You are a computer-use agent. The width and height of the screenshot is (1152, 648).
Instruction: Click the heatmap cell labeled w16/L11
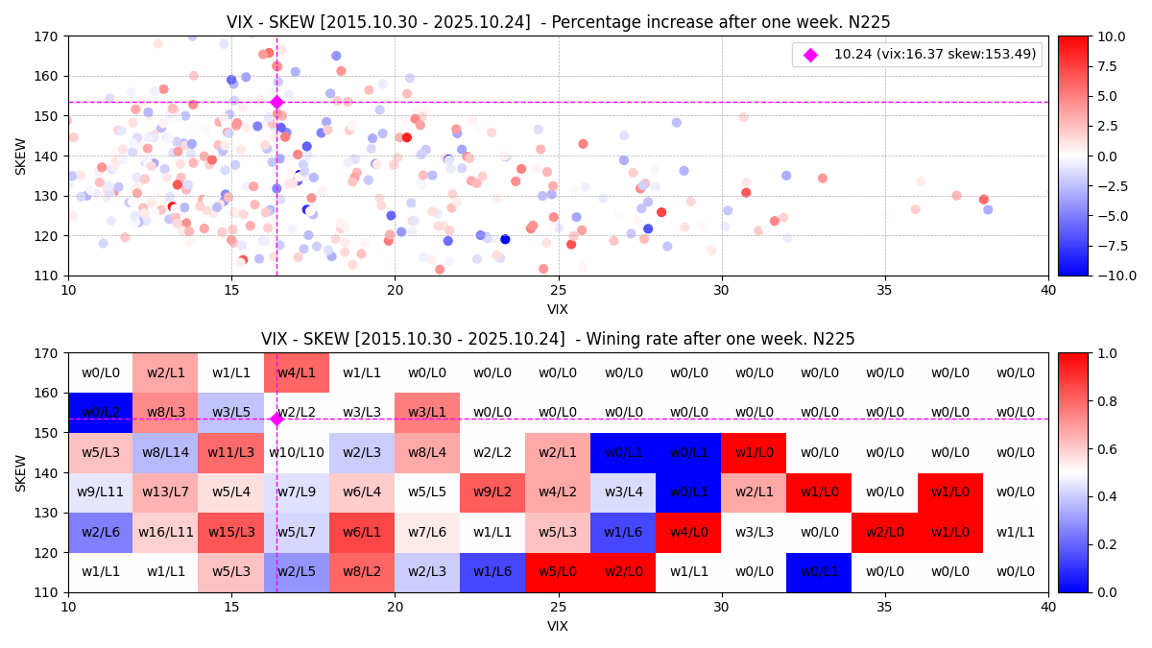tap(165, 532)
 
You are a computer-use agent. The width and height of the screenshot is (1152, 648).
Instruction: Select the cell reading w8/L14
tap(165, 452)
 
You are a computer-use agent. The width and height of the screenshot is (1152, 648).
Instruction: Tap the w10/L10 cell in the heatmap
tap(297, 452)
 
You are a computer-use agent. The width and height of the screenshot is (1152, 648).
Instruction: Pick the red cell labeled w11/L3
tap(230, 452)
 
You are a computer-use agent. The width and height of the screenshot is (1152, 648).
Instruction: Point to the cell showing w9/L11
tap(100, 492)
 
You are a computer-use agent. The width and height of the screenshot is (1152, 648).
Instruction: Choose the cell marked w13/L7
tap(165, 492)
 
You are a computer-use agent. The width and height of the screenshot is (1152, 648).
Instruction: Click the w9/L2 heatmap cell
tap(492, 492)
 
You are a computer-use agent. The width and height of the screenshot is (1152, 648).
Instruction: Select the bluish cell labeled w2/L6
tap(100, 532)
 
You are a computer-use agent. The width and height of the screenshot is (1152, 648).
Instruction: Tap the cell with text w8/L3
tap(165, 413)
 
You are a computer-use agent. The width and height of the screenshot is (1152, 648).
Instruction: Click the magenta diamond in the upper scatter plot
tap(276, 102)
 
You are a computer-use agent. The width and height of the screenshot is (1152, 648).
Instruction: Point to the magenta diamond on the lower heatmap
tap(276, 419)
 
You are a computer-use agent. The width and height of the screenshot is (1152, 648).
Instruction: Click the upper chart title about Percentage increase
tap(558, 22)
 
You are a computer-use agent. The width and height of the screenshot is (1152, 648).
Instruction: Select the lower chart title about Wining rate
tap(558, 339)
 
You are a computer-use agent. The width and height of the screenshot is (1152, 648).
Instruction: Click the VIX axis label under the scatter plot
tap(558, 309)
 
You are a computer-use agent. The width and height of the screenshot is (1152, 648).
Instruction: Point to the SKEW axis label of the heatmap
tap(21, 472)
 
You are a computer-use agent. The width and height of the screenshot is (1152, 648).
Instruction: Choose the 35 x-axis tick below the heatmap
tap(885, 607)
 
